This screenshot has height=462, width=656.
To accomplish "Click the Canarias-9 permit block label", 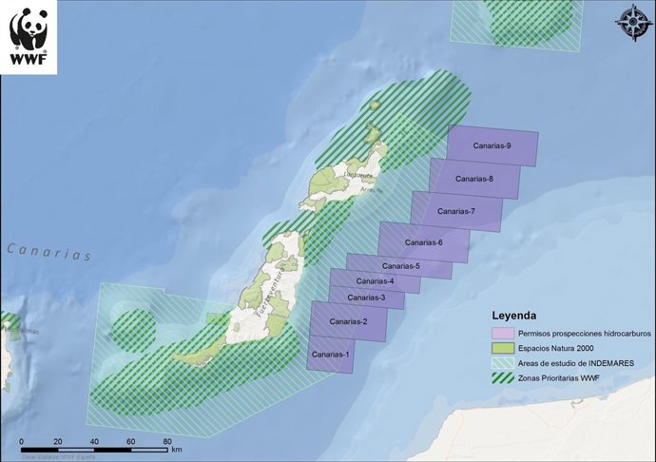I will pos(492,145).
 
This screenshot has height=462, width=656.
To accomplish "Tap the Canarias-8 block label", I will pos(473,179).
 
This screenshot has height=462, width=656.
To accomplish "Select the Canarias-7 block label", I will pos(455,211).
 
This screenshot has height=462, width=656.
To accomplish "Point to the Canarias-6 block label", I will pos(422,243).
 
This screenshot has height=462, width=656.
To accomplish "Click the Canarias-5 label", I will pos(398,266).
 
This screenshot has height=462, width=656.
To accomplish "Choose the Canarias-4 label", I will pos(375,281).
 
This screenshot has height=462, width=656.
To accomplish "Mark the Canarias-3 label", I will pos(366,298).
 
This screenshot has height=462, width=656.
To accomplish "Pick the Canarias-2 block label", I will pos(348,322).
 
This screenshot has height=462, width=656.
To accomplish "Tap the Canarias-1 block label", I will pos(331,355).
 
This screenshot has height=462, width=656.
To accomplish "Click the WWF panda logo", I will pos(29,36).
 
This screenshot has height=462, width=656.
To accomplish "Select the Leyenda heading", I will pos(513,315).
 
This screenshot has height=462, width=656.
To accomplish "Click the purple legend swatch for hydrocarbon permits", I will pos(502,334).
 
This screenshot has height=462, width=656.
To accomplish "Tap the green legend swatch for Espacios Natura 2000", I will pos(502,349).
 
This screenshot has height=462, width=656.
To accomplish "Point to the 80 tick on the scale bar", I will pos(167,443).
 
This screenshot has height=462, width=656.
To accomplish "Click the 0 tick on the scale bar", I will pos(21,443).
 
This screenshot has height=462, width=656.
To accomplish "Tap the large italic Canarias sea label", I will pos(48,253).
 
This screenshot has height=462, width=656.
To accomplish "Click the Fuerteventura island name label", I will pos(263,296).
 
